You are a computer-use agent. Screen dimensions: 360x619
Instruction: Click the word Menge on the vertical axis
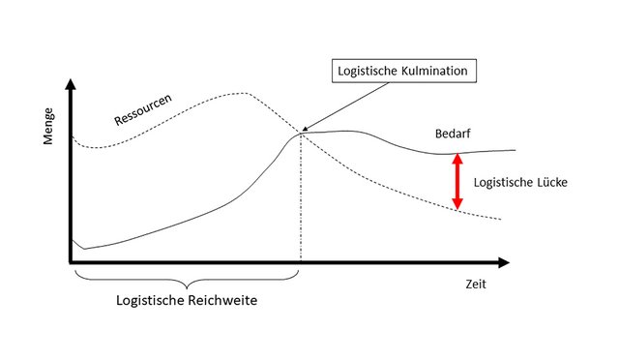point(47,127)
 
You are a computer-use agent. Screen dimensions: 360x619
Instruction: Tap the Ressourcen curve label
point(143,109)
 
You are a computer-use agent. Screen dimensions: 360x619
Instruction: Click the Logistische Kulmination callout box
point(404,72)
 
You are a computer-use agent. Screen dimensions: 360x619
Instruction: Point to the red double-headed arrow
point(457,181)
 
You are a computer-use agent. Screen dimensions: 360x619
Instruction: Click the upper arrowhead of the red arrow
point(457,160)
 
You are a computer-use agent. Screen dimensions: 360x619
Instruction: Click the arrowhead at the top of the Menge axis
point(71,84)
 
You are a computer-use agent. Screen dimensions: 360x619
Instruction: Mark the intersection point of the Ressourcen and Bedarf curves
point(301,134)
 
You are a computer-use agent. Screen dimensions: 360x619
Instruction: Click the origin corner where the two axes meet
point(72,261)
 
